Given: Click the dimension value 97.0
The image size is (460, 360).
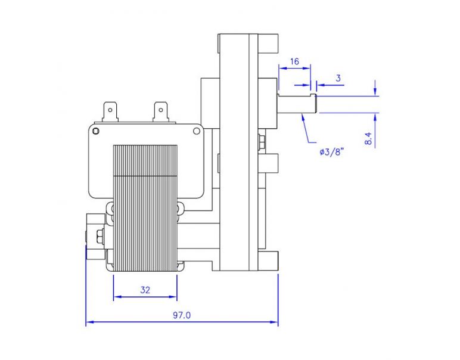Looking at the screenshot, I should tap(182, 315).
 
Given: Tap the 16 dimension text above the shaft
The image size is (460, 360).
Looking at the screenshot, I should tap(294, 61).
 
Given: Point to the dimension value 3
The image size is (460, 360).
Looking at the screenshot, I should tap(338, 78).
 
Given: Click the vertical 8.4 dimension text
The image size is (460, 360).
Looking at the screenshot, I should tap(368, 139).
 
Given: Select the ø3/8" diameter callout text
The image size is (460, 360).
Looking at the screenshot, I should tap(334, 152).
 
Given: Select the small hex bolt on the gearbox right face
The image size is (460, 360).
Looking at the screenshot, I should tap(262, 143).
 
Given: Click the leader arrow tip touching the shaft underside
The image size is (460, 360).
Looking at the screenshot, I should tap(303, 113).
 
